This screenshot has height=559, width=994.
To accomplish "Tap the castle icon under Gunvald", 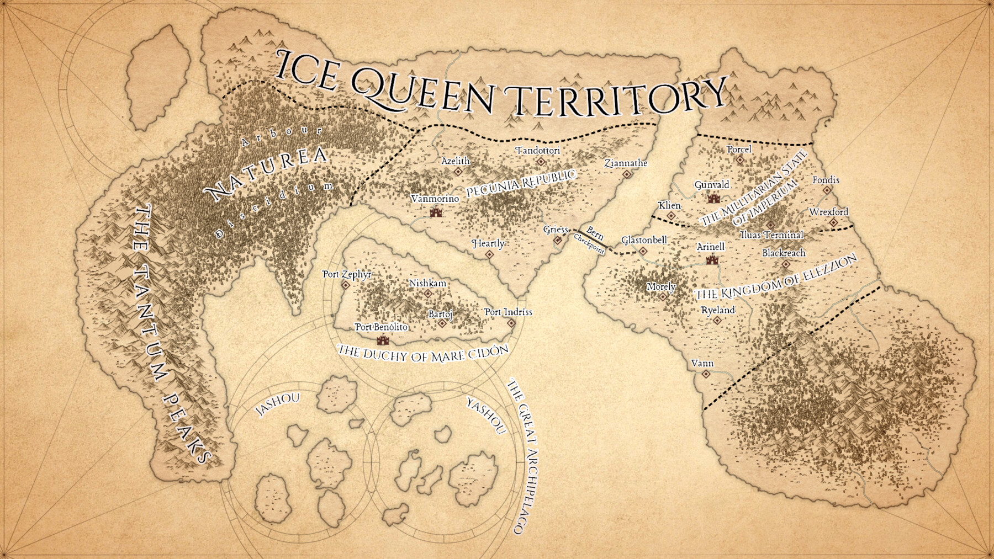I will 713,198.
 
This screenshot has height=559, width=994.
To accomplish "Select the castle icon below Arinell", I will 712,259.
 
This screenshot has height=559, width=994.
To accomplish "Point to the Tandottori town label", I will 538,151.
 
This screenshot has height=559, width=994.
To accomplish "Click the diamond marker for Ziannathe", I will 627,174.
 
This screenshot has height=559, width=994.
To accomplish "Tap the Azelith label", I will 456,161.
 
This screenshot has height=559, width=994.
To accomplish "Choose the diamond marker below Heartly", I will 489,254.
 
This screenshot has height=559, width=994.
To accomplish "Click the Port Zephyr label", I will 347,274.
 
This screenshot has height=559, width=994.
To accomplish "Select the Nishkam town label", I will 427,283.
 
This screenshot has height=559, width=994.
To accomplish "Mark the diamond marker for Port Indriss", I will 511,323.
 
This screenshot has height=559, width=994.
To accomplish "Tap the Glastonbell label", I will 644,240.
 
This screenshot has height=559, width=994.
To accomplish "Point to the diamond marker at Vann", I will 706,374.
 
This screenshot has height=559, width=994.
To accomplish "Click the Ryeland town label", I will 717,310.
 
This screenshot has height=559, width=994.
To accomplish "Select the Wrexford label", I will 828,212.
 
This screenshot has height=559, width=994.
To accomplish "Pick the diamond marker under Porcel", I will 740,160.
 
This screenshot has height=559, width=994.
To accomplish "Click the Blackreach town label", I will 784,253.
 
